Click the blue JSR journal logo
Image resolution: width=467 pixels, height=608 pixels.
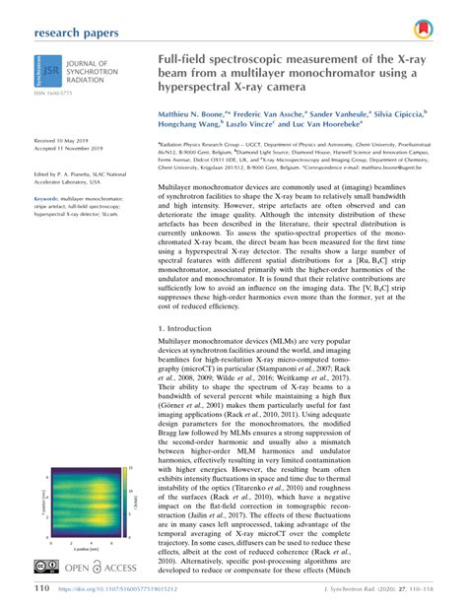[45, 75]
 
